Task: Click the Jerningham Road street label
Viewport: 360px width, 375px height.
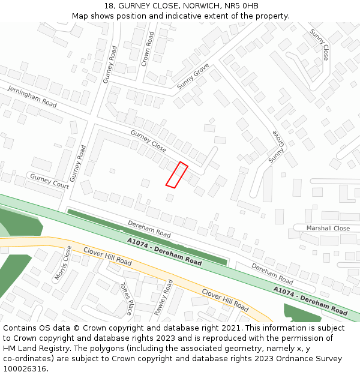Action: [32, 97]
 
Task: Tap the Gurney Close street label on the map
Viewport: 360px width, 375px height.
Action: [148, 141]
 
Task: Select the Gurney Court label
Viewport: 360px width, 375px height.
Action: [49, 182]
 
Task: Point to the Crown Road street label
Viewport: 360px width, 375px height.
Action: [148, 49]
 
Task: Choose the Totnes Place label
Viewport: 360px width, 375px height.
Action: [126, 299]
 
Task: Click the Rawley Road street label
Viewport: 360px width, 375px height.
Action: [164, 298]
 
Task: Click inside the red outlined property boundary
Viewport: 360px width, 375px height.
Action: [176, 175]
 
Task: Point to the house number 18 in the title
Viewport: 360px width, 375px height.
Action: [108, 6]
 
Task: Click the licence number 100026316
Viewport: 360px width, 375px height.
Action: [26, 369]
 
